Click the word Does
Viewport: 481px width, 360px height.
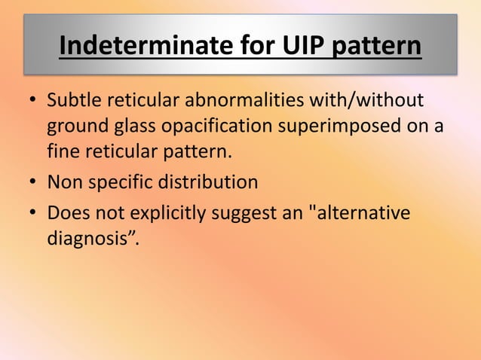click(x=67, y=213)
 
